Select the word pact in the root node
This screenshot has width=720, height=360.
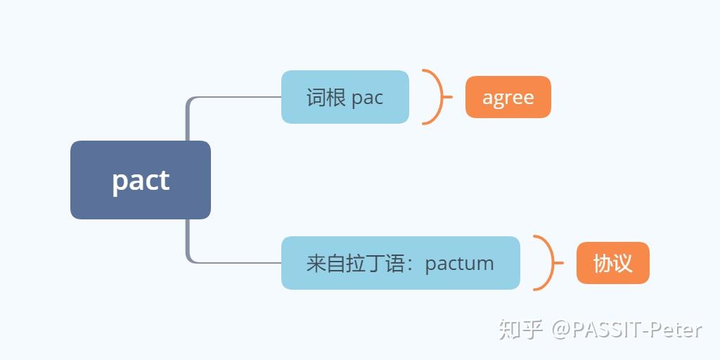pos(141,181)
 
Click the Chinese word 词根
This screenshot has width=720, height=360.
pos(326,97)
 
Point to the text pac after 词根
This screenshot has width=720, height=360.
pos(367,98)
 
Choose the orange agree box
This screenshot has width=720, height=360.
pos(508,97)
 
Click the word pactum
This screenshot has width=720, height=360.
pos(459,264)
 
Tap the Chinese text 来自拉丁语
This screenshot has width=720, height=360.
pos(356,264)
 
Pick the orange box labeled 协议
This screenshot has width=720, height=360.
pos(612,263)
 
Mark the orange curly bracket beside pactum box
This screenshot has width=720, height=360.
pos(549,263)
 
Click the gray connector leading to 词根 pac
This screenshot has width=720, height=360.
pos(211,98)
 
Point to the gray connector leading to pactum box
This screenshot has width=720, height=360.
pos(211,262)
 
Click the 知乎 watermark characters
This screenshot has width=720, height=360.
pos(520,328)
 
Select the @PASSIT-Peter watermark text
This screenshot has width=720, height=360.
pos(626,328)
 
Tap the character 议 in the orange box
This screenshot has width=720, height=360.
pos(622,263)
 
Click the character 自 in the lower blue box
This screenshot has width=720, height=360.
pos(336,264)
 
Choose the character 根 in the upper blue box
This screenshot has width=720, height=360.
pos(335,97)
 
